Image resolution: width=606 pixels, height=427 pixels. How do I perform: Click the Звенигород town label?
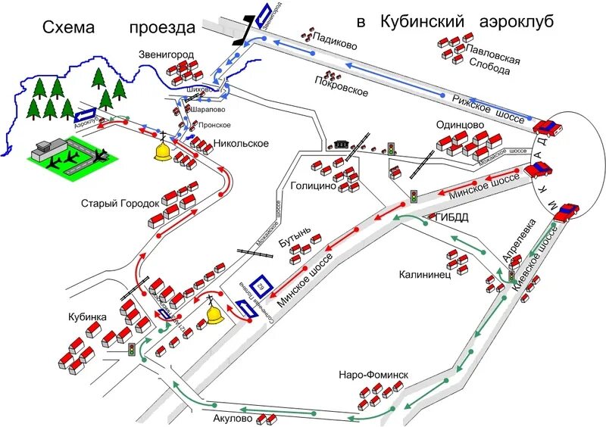[x=167, y=55]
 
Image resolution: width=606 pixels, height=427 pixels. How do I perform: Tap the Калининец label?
[x=426, y=274]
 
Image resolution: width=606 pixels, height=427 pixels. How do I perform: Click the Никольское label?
[x=241, y=143]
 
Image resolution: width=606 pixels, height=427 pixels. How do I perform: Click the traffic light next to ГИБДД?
[x=414, y=195]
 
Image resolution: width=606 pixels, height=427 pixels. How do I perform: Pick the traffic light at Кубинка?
[x=132, y=350]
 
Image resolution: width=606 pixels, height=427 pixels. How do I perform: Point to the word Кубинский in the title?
[x=420, y=23]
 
